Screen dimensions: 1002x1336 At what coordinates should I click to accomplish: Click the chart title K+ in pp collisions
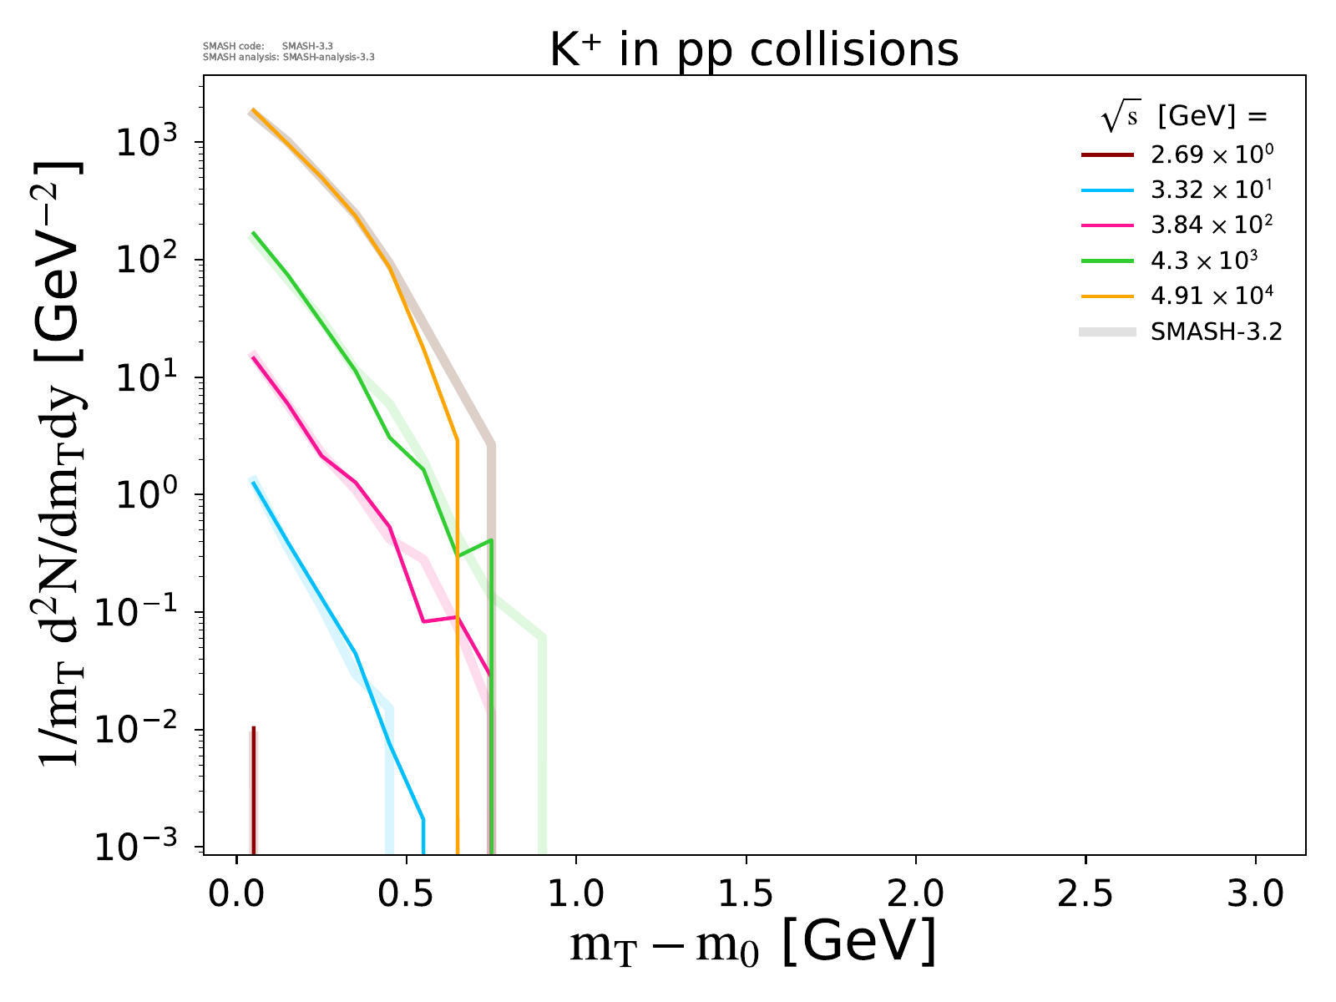click(x=753, y=50)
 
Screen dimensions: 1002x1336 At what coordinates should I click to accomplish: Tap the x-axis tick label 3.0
click(x=1255, y=894)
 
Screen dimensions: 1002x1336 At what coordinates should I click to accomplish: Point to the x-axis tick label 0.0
click(x=236, y=894)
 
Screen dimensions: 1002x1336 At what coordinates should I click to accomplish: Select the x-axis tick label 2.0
click(x=915, y=894)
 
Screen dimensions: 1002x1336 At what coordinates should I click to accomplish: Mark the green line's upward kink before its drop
click(x=490, y=541)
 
